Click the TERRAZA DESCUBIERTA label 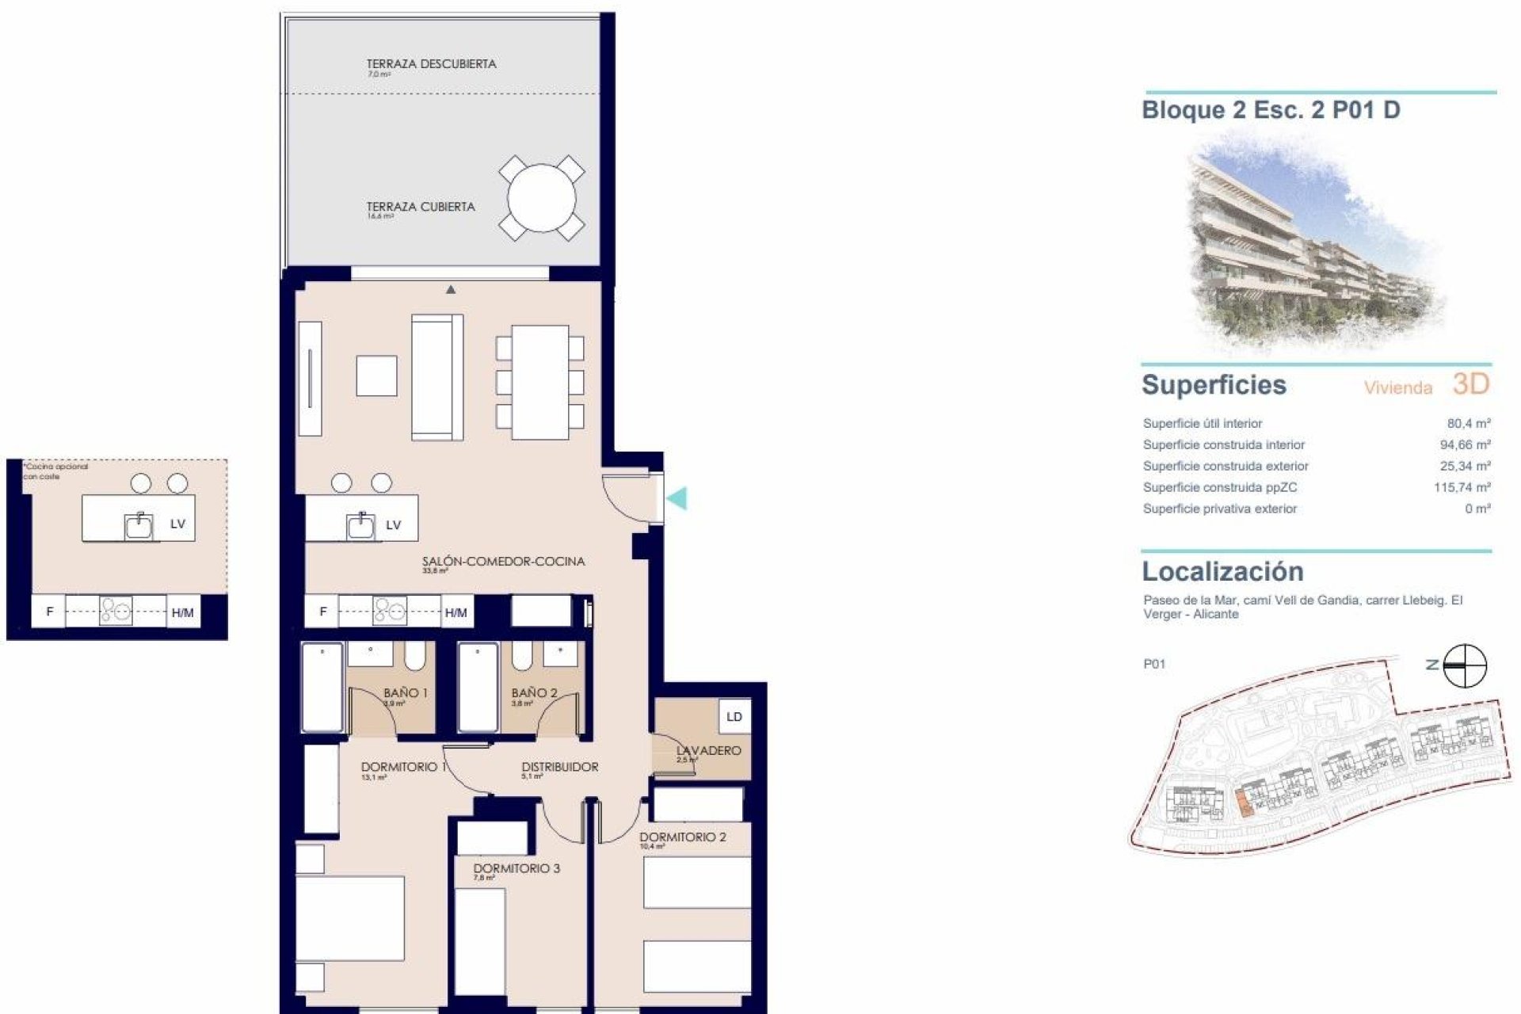(x=431, y=64)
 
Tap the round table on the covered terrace (x=541, y=198)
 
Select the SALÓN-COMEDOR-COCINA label (x=503, y=562)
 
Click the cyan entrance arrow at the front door (x=677, y=498)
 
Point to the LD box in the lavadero (x=734, y=717)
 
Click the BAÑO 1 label (x=405, y=693)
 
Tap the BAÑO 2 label (x=534, y=693)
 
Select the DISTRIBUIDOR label (x=559, y=767)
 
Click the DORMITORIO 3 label (x=517, y=868)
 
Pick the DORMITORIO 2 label (x=683, y=837)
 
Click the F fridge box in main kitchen (x=322, y=612)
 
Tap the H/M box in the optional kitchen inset (x=182, y=612)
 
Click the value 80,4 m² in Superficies (x=1468, y=424)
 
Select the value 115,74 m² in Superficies (x=1462, y=488)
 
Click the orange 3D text (x=1471, y=385)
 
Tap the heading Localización (x=1222, y=572)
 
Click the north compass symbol (x=1465, y=665)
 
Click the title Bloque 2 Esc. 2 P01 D (x=1270, y=110)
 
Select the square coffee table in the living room (x=376, y=375)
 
